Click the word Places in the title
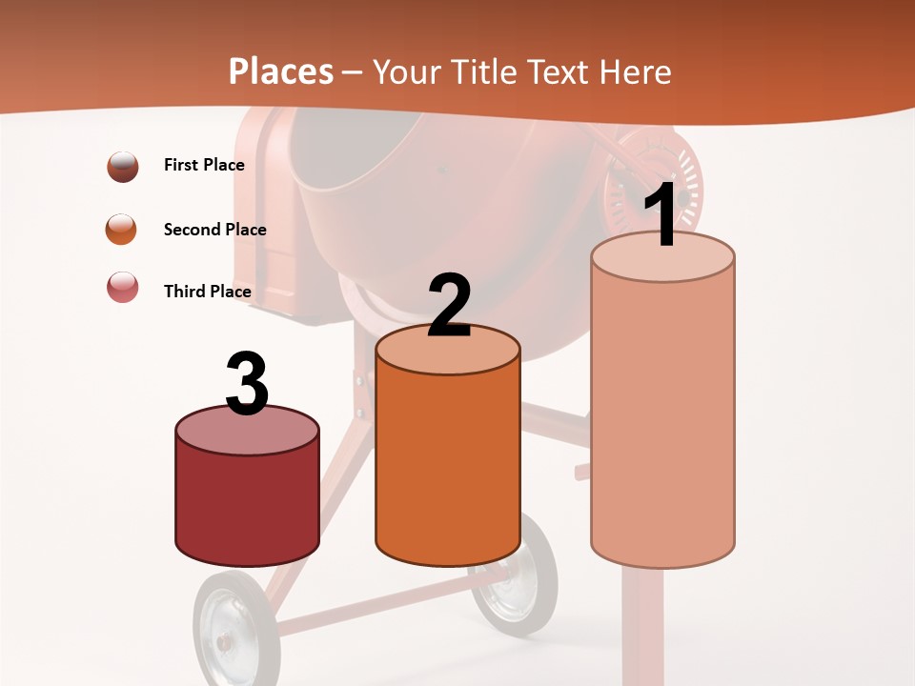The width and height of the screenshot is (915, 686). coord(281,71)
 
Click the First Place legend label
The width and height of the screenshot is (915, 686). coord(204,165)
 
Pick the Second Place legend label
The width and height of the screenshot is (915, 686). coord(214,230)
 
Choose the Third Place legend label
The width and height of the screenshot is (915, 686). coord(207,292)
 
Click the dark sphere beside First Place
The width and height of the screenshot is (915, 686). coord(123,167)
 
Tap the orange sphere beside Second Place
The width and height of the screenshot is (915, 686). coord(122,230)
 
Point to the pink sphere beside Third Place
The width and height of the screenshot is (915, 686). coord(123,287)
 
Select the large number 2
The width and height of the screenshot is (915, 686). coord(449,306)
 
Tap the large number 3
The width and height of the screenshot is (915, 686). coord(247,385)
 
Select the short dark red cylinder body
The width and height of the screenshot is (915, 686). coord(247,500)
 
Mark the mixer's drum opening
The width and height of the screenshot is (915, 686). coord(362,152)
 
